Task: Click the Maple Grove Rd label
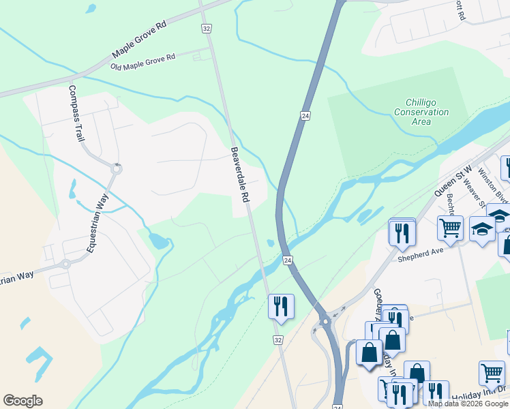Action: [x=140, y=40]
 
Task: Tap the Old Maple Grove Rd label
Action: [x=143, y=61]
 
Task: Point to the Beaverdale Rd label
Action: [x=239, y=174]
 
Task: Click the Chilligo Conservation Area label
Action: [x=421, y=112]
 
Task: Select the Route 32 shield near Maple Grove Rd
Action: [x=206, y=28]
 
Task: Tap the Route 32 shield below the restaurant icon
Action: [x=277, y=339]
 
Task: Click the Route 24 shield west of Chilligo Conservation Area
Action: [x=305, y=117]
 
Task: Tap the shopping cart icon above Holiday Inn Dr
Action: [x=492, y=373]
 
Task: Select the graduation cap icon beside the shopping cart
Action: [x=482, y=230]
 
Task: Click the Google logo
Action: [x=22, y=401]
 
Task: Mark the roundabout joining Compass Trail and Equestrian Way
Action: [x=117, y=168]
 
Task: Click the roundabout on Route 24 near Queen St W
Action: [x=325, y=320]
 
